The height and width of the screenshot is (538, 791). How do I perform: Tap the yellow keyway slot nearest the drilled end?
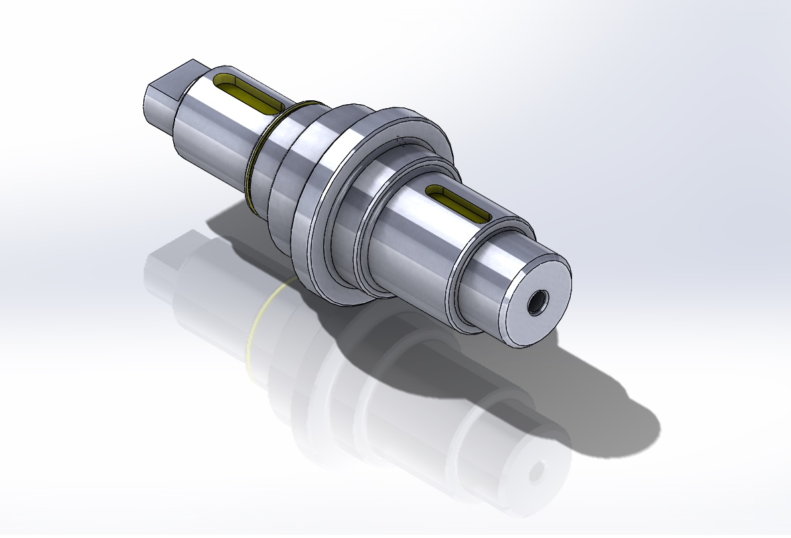[x=458, y=203]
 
